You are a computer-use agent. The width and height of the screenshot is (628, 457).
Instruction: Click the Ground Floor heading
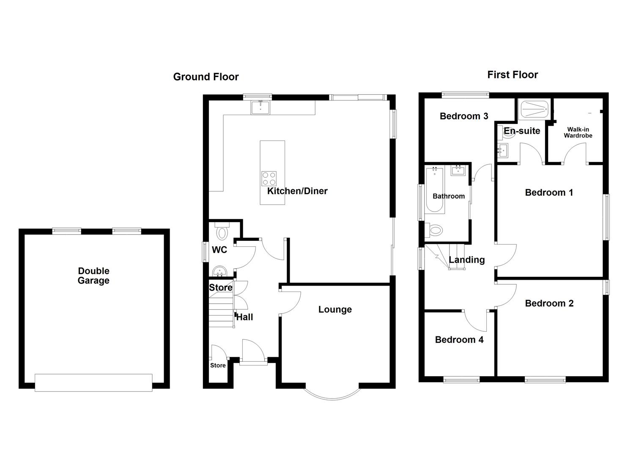(x=206, y=77)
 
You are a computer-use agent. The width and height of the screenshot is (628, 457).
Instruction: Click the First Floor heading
(x=513, y=75)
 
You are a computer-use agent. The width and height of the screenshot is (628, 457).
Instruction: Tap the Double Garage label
(x=93, y=276)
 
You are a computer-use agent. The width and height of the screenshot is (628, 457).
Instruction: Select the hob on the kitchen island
(x=269, y=178)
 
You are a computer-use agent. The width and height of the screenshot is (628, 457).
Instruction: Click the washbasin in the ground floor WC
(x=220, y=270)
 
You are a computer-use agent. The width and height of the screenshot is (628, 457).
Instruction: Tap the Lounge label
(x=335, y=310)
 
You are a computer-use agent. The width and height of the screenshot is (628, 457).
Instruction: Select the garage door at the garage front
(x=93, y=382)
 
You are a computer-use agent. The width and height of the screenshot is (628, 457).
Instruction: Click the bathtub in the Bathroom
(x=434, y=189)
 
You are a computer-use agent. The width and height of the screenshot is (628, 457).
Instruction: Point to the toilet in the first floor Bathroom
(x=434, y=230)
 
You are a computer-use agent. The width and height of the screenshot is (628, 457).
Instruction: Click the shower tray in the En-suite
(x=534, y=109)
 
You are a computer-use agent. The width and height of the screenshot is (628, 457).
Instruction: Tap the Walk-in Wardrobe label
(x=578, y=132)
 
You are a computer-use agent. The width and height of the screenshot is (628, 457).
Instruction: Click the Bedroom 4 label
(x=459, y=340)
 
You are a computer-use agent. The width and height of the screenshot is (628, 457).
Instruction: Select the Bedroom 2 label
(x=549, y=303)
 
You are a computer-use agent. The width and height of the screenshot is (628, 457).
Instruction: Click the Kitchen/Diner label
(x=297, y=191)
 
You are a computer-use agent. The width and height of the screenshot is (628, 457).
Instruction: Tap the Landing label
(x=466, y=260)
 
